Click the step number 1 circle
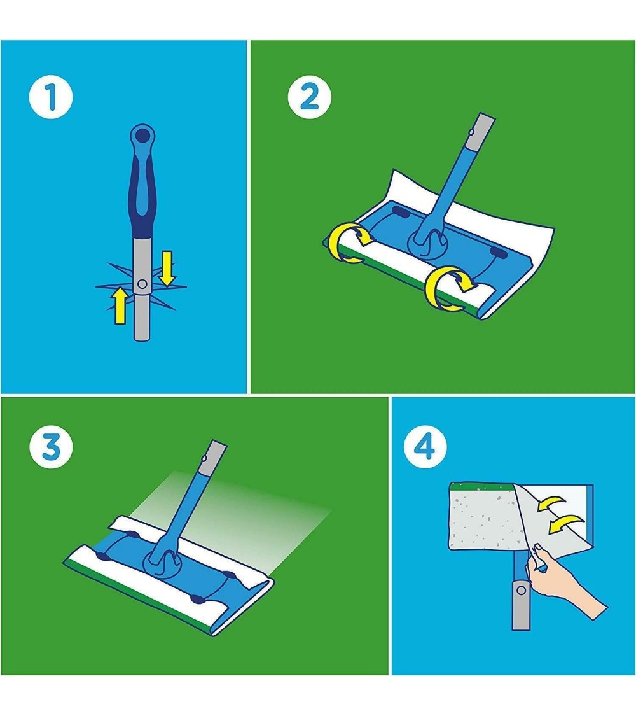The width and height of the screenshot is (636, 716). [x=51, y=98]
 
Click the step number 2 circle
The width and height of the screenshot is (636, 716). [x=309, y=98]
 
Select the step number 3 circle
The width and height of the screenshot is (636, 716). [x=51, y=447]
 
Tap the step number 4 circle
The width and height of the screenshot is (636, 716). [x=425, y=447]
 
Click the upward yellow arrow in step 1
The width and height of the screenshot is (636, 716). [x=120, y=306]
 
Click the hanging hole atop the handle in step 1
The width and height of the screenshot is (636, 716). [x=143, y=134]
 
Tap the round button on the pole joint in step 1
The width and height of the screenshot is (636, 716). [x=142, y=284]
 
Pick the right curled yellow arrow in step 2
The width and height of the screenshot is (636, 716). [x=448, y=288]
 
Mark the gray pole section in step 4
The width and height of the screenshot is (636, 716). [x=521, y=604]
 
